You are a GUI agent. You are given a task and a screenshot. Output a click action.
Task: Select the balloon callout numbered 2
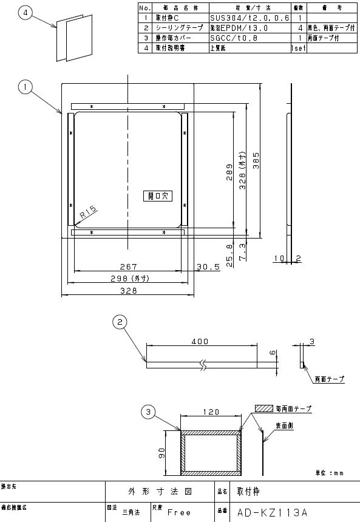120,323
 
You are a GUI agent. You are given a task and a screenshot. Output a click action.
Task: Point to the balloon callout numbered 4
25,15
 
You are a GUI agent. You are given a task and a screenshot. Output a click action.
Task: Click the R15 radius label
89,211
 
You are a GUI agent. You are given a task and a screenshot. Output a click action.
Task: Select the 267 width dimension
128,266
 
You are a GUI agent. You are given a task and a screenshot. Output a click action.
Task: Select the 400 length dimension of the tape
200,342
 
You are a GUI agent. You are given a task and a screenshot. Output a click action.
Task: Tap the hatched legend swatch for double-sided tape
265,409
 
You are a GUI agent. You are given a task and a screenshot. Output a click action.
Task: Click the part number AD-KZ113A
271,512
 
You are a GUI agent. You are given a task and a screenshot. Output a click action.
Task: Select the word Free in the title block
179,512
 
